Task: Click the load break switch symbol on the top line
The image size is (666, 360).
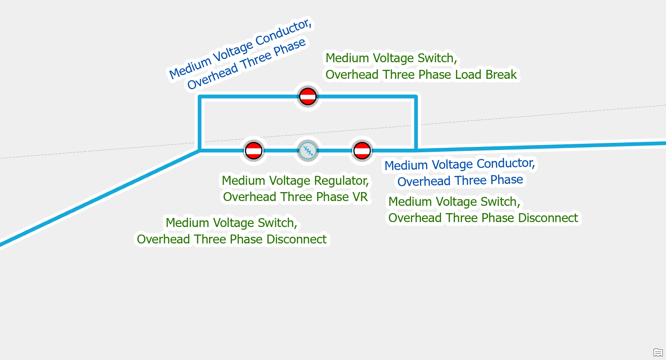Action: (308, 96)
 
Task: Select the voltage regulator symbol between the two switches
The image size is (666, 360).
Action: (308, 150)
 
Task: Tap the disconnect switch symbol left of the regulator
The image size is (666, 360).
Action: (254, 150)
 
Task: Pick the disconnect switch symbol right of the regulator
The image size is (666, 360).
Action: (361, 150)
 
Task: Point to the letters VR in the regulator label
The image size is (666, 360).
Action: (359, 197)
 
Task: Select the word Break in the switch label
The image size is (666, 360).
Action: (500, 74)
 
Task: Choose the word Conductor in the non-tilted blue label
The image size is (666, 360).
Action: (506, 164)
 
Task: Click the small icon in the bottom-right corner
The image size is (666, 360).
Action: (657, 352)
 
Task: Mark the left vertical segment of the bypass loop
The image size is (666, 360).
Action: (200, 123)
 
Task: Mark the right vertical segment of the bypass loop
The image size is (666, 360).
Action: (416, 123)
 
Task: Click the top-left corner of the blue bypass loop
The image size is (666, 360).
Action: (200, 97)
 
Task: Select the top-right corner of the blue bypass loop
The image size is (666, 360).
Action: (416, 97)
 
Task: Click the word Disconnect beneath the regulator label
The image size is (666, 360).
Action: (296, 239)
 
